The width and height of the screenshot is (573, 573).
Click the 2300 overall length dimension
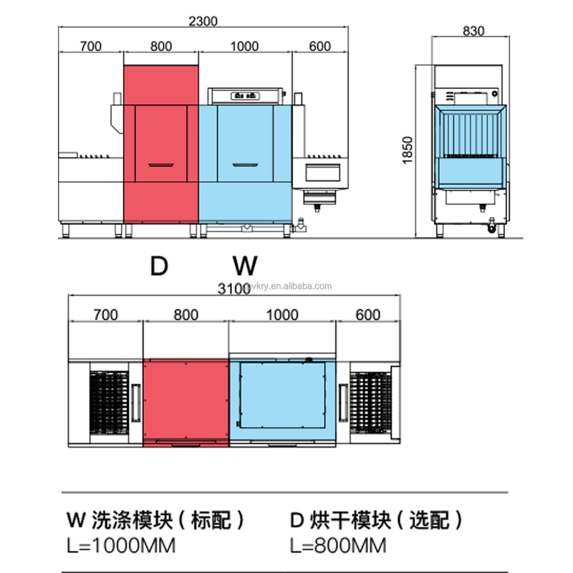pyautogui.click(x=202, y=21)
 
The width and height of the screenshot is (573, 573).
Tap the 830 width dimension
pyautogui.click(x=473, y=31)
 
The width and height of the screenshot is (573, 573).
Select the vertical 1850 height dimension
pyautogui.click(x=408, y=150)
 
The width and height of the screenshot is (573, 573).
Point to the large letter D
pyautogui.click(x=158, y=266)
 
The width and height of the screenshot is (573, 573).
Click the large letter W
pyautogui.click(x=245, y=266)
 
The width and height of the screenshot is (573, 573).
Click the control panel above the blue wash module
pyautogui.click(x=246, y=95)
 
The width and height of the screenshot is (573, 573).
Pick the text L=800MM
pyautogui.click(x=339, y=546)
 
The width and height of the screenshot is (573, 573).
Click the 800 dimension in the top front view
pyautogui.click(x=161, y=47)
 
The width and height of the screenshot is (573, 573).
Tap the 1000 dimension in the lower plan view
pyautogui.click(x=284, y=315)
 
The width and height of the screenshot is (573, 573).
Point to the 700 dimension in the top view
pyautogui.click(x=90, y=47)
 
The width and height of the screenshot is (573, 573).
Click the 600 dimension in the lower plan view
pyautogui.click(x=367, y=315)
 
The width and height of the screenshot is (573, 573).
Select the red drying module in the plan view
pyautogui.click(x=186, y=401)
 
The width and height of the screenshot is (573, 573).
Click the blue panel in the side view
pyautogui.click(x=473, y=171)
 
